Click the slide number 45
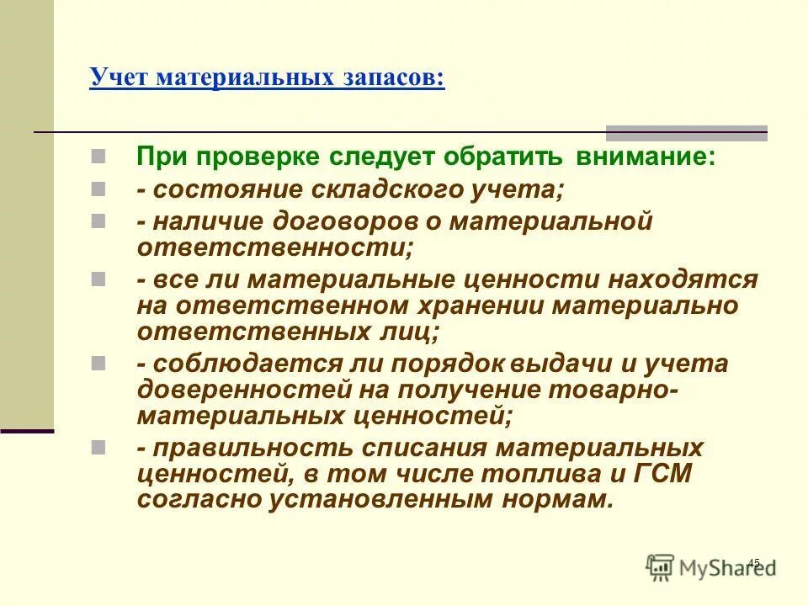pos(753,563)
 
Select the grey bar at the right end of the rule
pos(687,133)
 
